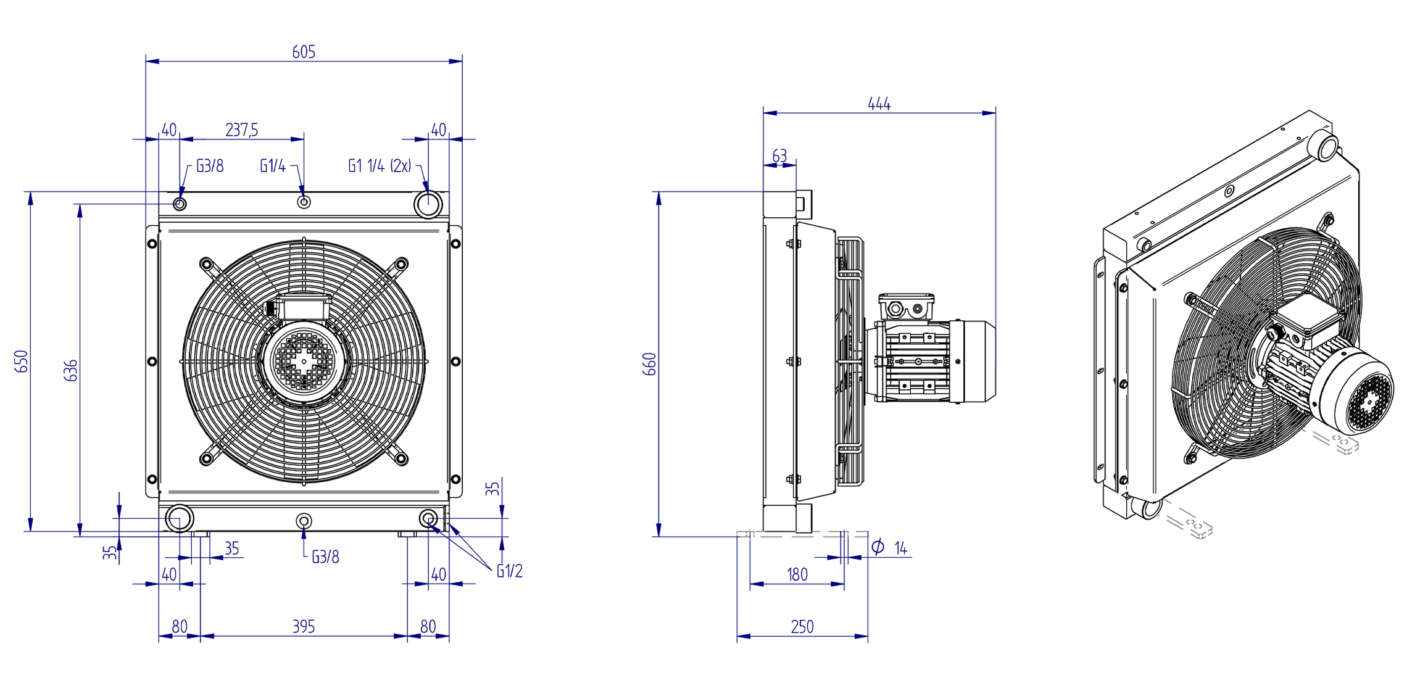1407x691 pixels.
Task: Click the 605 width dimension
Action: click(x=304, y=52)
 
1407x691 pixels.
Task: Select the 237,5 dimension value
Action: click(x=241, y=130)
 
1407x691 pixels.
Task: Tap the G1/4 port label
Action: click(x=273, y=166)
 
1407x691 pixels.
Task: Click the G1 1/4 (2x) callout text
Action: click(x=380, y=166)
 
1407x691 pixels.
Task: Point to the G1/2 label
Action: click(x=510, y=571)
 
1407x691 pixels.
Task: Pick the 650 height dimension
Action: click(x=22, y=362)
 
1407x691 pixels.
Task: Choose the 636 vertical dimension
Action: click(x=71, y=370)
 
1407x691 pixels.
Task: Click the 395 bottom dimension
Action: click(x=304, y=627)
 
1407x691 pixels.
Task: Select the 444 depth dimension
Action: click(x=879, y=104)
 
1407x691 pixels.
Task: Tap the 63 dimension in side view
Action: click(x=779, y=156)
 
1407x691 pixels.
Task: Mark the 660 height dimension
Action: click(x=650, y=364)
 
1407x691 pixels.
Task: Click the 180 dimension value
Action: click(x=797, y=575)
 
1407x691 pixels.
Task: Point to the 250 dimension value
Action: click(x=802, y=627)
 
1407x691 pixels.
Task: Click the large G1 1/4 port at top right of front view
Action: click(x=428, y=204)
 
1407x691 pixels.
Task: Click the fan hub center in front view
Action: click(x=304, y=362)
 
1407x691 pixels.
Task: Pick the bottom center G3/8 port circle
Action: click(x=304, y=521)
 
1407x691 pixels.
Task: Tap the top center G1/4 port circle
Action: click(x=304, y=202)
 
